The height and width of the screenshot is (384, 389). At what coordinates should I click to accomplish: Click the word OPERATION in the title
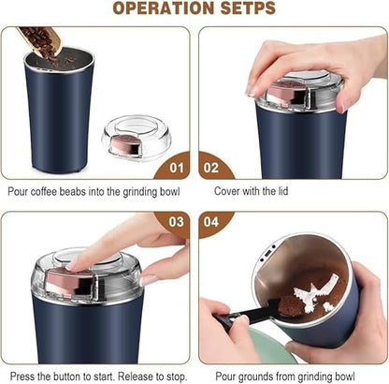point(163,9)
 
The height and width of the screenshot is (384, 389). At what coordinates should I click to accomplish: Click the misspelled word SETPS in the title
point(245,9)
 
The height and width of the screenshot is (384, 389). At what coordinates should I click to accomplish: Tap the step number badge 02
point(211,170)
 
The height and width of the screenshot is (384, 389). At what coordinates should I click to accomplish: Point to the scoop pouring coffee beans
point(39,39)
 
